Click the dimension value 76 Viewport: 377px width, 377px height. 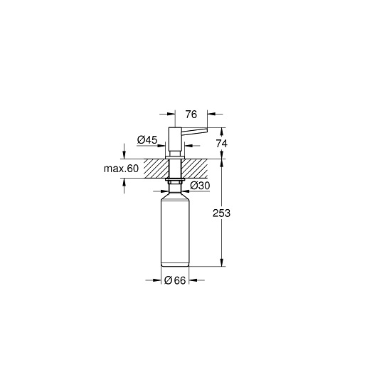pyautogui.click(x=191, y=115)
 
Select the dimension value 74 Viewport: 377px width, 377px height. pyautogui.click(x=221, y=144)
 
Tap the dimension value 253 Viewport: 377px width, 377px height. pyautogui.click(x=221, y=213)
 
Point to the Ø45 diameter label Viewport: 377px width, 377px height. pyautogui.click(x=147, y=139)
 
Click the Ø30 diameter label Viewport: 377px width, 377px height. pyautogui.click(x=200, y=186)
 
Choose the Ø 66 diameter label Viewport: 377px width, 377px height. pyautogui.click(x=175, y=280)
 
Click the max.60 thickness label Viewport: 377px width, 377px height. pyautogui.click(x=121, y=169)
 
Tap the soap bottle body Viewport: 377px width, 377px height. pyautogui.click(x=175, y=230)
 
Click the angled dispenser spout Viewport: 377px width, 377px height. pyautogui.click(x=194, y=130)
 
